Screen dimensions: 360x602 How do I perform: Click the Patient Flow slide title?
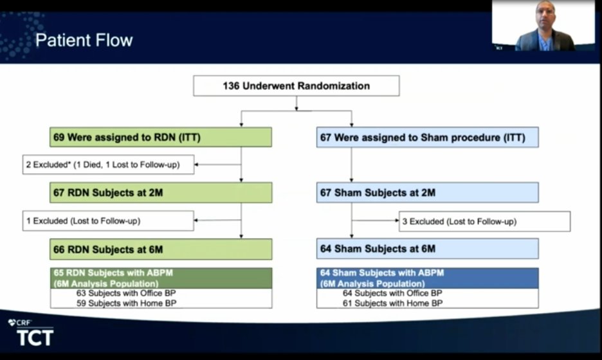(84, 40)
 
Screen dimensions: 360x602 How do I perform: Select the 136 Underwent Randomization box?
(296, 85)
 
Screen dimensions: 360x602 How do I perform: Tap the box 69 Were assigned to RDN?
(161, 137)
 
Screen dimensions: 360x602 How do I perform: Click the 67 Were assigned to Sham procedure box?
(427, 137)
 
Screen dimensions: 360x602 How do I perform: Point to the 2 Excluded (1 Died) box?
(108, 165)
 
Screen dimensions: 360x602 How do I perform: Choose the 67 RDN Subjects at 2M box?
(161, 192)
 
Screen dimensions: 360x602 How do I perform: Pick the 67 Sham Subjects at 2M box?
(427, 192)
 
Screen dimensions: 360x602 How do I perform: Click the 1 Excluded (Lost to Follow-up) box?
(108, 221)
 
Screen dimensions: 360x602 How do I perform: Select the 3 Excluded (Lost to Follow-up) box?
(484, 221)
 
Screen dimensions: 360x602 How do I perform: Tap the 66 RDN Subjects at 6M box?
(161, 249)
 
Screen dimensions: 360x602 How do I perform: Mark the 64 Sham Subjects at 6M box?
(427, 249)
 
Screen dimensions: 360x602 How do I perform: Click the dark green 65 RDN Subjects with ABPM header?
(161, 278)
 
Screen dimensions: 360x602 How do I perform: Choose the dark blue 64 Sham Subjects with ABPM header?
(427, 278)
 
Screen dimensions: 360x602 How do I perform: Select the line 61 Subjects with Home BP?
(392, 303)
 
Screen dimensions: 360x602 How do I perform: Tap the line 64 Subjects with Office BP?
(392, 293)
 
